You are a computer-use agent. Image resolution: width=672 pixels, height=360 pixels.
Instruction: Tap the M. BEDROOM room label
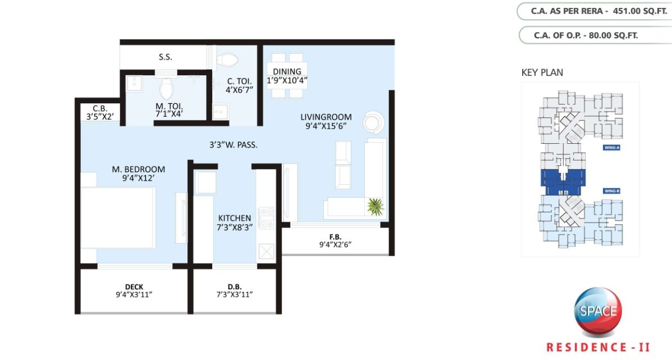[x=138, y=169]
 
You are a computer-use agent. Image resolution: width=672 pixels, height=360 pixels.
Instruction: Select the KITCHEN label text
[x=235, y=218]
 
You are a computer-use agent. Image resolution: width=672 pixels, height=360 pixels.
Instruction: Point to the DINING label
[x=287, y=71]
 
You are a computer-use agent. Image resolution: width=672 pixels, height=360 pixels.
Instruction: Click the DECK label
[x=134, y=287]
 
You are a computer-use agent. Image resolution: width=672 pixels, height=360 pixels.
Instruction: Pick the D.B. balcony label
[x=235, y=287]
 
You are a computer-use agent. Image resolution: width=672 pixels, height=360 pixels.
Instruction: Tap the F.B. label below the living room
[x=335, y=236]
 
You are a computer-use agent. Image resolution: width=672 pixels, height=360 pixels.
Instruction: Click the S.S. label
[x=165, y=57]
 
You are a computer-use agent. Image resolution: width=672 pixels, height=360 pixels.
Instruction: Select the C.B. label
[x=100, y=108]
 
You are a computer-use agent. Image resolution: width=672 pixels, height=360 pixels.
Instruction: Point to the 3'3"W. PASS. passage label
[x=233, y=145]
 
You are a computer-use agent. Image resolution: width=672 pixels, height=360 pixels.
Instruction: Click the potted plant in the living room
[x=375, y=206]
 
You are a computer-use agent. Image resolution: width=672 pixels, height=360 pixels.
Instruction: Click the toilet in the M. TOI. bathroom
[x=166, y=89]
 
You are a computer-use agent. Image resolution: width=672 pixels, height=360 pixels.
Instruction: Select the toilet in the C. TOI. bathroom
[x=227, y=58]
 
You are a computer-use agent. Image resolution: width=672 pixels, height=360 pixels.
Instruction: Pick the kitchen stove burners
[x=266, y=218]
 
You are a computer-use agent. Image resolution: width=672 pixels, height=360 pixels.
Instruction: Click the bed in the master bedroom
[x=118, y=217]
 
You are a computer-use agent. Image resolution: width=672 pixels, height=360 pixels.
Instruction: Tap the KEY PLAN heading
[x=542, y=72]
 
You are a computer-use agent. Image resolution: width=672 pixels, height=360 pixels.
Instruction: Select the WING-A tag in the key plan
[x=611, y=148]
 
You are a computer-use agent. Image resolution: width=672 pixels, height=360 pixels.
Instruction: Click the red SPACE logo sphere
[x=598, y=312]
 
